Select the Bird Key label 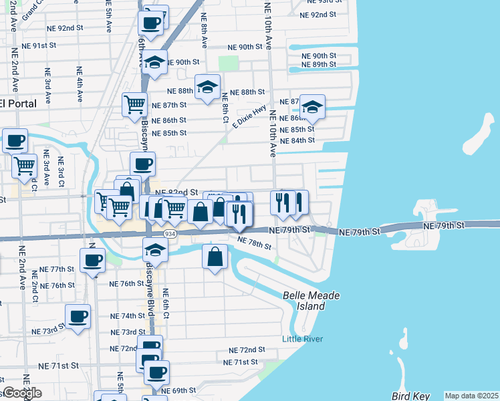[x=410, y=396]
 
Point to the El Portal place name [x=13, y=104]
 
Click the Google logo [x=21, y=393]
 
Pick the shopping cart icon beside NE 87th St [x=134, y=104]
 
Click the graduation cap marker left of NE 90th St [x=155, y=63]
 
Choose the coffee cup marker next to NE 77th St [x=92, y=260]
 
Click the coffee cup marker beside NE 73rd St [x=78, y=316]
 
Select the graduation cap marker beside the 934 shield [x=155, y=251]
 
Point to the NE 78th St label [x=255, y=245]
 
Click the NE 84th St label [x=297, y=141]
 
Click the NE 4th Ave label [x=80, y=84]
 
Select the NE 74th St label [x=128, y=315]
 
